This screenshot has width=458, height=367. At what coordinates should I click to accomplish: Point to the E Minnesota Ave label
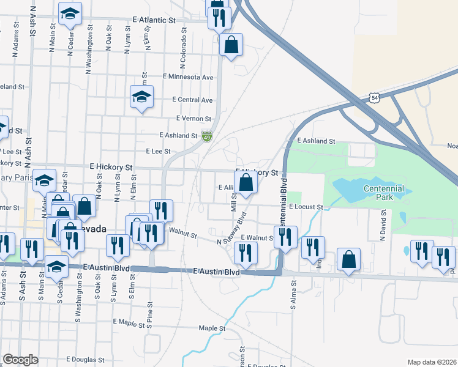point(188,77)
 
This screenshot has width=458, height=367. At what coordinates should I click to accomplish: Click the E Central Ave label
point(192,100)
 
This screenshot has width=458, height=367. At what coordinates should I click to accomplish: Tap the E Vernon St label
point(193,119)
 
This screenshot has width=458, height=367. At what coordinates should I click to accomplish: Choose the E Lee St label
point(157,151)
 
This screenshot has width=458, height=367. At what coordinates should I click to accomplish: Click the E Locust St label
point(306,207)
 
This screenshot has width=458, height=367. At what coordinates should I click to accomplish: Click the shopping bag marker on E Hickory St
point(246,182)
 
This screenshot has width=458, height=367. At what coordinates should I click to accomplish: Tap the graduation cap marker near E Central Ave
point(141,97)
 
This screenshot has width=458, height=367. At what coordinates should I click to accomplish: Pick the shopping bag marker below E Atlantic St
point(231,45)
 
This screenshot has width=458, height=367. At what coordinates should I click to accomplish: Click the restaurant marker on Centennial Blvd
point(285,237)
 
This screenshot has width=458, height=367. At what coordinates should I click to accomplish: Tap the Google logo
point(20,360)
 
